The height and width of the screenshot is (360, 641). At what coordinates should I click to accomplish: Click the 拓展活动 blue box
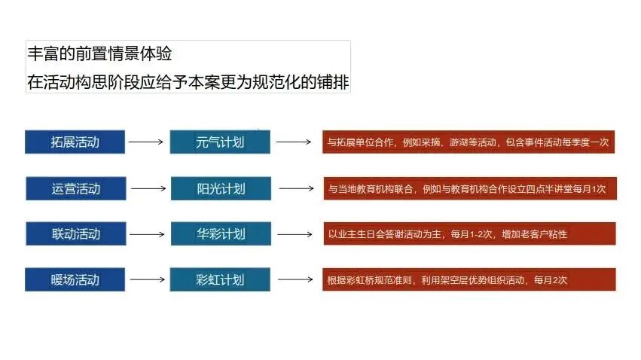pyautogui.click(x=75, y=142)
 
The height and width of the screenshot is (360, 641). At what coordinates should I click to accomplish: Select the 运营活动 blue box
pyautogui.click(x=75, y=188)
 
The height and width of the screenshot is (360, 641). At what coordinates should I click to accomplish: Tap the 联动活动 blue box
pyautogui.click(x=75, y=233)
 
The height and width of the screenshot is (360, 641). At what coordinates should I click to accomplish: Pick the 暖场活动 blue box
pyautogui.click(x=75, y=279)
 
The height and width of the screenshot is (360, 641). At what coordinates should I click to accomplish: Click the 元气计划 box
pyautogui.click(x=220, y=142)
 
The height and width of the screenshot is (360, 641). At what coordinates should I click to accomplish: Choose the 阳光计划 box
pyautogui.click(x=220, y=188)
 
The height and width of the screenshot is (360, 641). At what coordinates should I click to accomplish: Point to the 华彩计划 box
pyautogui.click(x=220, y=233)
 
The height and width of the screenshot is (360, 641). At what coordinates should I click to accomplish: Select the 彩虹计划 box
pyautogui.click(x=220, y=279)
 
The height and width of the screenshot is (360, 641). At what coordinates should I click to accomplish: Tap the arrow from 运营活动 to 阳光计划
pyautogui.click(x=148, y=188)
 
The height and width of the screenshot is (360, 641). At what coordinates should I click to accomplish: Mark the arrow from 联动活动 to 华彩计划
pyautogui.click(x=147, y=233)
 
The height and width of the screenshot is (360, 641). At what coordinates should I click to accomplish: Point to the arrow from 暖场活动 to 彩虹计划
pyautogui.click(x=147, y=279)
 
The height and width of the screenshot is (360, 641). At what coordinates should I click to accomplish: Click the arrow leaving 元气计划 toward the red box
pyautogui.click(x=295, y=141)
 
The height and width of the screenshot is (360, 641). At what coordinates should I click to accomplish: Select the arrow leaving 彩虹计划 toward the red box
pyautogui.click(x=295, y=279)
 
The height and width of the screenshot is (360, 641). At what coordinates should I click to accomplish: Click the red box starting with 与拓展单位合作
pyautogui.click(x=469, y=142)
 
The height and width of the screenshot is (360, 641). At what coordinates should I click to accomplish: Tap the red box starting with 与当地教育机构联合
pyautogui.click(x=469, y=188)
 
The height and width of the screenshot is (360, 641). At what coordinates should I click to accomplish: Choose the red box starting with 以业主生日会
pyautogui.click(x=469, y=233)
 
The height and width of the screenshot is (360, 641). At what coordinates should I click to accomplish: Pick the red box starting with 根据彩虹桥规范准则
pyautogui.click(x=469, y=279)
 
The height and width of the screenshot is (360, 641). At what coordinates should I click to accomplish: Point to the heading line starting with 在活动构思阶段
pyautogui.click(x=188, y=81)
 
